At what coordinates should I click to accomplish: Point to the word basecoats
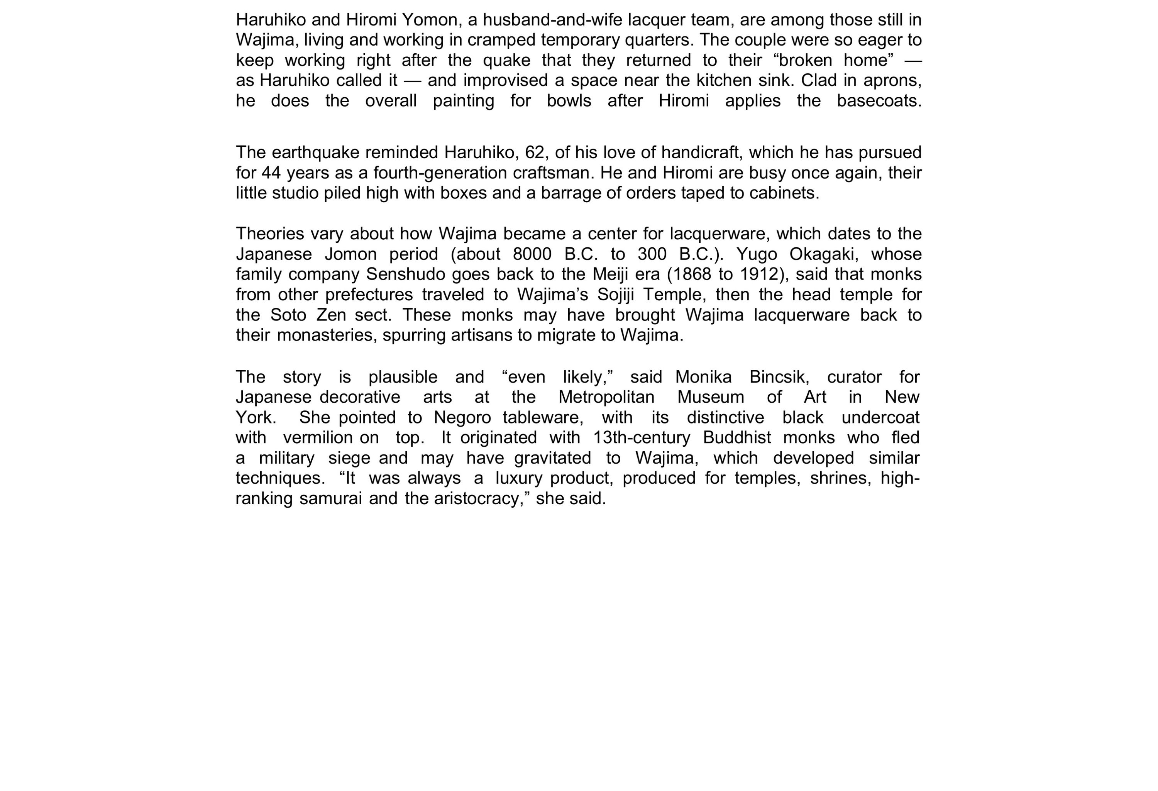[879, 101]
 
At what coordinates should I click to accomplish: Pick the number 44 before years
[271, 173]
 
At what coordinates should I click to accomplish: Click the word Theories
[269, 234]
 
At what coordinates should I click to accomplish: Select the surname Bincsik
[779, 377]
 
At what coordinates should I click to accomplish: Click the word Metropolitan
[606, 397]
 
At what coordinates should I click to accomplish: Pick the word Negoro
[462, 418]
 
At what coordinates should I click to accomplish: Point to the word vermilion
[318, 438]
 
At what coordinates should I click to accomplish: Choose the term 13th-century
[641, 438]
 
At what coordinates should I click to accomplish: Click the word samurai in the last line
[330, 498]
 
